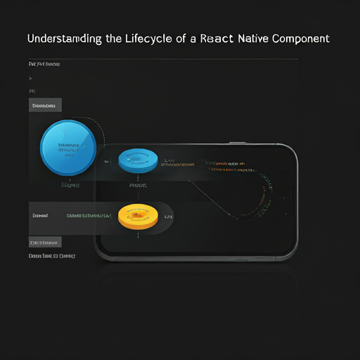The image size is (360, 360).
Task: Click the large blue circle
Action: point(68,147)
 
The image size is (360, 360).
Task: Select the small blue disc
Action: point(138,160)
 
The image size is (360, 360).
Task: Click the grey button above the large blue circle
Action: point(45,105)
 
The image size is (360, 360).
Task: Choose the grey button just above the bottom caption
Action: point(45,242)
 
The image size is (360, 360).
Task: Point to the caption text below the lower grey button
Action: point(52,257)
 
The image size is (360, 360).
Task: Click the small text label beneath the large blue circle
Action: point(70,186)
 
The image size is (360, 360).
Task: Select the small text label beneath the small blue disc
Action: point(138,186)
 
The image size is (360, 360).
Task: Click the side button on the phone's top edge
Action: point(237,143)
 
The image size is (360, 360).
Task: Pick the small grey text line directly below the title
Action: point(44,64)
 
